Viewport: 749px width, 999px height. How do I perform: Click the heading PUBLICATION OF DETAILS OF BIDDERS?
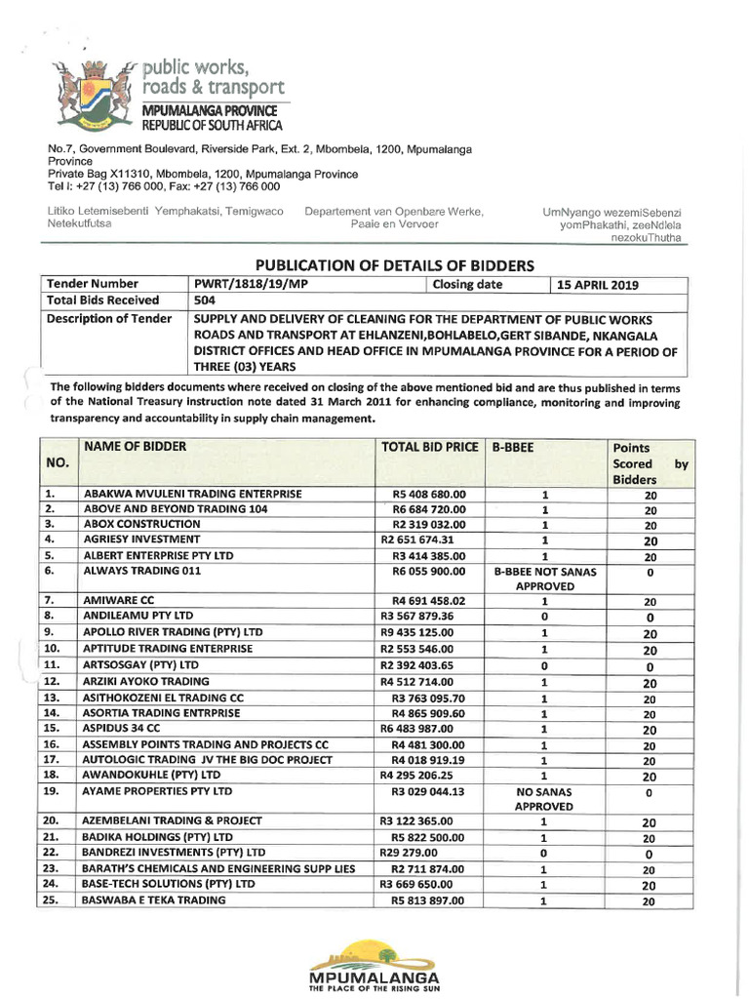click(395, 264)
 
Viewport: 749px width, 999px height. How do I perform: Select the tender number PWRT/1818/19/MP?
click(250, 284)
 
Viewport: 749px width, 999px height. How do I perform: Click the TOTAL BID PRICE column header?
click(429, 448)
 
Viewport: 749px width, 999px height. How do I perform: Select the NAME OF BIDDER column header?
click(135, 447)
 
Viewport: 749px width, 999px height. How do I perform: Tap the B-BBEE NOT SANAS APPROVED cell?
click(545, 578)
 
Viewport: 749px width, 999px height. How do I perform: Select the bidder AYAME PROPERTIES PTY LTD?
click(158, 791)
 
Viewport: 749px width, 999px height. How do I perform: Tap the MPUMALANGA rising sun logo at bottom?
click(374, 965)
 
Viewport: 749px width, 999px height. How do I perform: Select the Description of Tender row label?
click(110, 319)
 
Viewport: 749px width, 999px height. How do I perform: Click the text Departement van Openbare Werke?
click(394, 212)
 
